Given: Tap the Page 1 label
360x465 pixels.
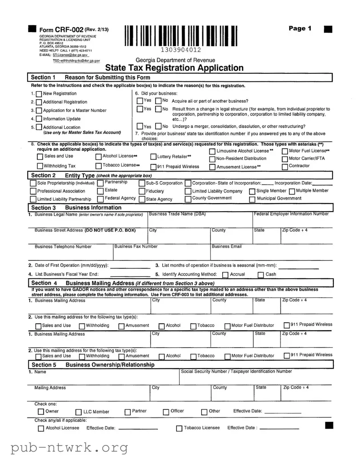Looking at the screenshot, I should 300,28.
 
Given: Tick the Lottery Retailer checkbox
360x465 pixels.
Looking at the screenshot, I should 153,156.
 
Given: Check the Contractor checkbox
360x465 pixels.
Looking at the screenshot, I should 285,166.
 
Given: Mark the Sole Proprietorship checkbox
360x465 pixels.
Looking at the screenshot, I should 33,183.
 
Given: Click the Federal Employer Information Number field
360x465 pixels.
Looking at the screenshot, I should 292,221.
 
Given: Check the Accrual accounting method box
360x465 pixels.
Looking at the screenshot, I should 225,275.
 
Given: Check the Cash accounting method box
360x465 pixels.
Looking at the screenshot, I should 261,275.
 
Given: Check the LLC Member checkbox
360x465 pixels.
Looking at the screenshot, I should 79,412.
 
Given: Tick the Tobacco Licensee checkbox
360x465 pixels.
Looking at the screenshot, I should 179,429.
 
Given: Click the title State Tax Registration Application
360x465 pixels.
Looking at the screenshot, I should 174,68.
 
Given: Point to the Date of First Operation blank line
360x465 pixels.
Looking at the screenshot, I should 129,266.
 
